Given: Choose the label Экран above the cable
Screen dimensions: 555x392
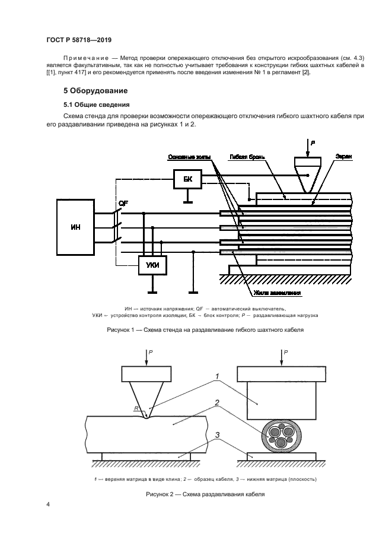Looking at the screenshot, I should pyautogui.click(x=343, y=157).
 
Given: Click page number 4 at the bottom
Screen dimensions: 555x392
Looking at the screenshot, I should pyautogui.click(x=47, y=505).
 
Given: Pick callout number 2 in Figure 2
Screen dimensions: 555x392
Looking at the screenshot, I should pyautogui.click(x=217, y=404).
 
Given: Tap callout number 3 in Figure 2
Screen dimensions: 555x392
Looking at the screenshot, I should pyautogui.click(x=218, y=435).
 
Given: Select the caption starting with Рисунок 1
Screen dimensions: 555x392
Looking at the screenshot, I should pyautogui.click(x=205, y=329).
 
